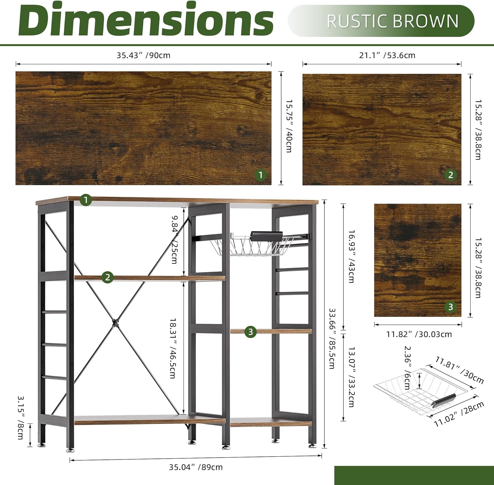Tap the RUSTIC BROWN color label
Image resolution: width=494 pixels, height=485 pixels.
click(x=393, y=21)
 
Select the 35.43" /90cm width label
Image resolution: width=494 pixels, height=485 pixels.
click(x=144, y=55)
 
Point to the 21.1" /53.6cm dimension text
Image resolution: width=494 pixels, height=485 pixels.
click(x=387, y=55)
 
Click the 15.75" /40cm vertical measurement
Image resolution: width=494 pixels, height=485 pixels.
click(x=289, y=126)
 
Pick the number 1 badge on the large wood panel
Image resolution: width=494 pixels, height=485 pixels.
click(x=261, y=175)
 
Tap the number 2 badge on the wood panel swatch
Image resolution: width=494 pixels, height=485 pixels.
click(x=451, y=175)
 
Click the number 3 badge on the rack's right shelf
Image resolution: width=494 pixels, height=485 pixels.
click(x=250, y=331)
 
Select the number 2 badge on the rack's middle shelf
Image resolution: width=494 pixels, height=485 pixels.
click(x=107, y=277)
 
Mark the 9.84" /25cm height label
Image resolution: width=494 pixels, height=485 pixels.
click(x=175, y=240)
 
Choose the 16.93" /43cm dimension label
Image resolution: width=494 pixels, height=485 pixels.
click(x=351, y=256)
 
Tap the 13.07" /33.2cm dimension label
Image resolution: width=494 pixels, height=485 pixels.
click(x=351, y=376)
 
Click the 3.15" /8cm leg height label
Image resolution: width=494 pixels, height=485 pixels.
click(x=20, y=417)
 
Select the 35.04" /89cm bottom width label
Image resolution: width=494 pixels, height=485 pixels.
click(x=196, y=467)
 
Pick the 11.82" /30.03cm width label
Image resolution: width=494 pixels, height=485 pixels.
click(x=419, y=334)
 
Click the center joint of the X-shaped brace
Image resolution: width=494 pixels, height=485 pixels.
click(x=115, y=322)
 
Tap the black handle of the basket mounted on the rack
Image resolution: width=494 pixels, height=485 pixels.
click(x=266, y=236)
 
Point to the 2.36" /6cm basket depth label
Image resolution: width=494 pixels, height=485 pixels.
click(x=407, y=367)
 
